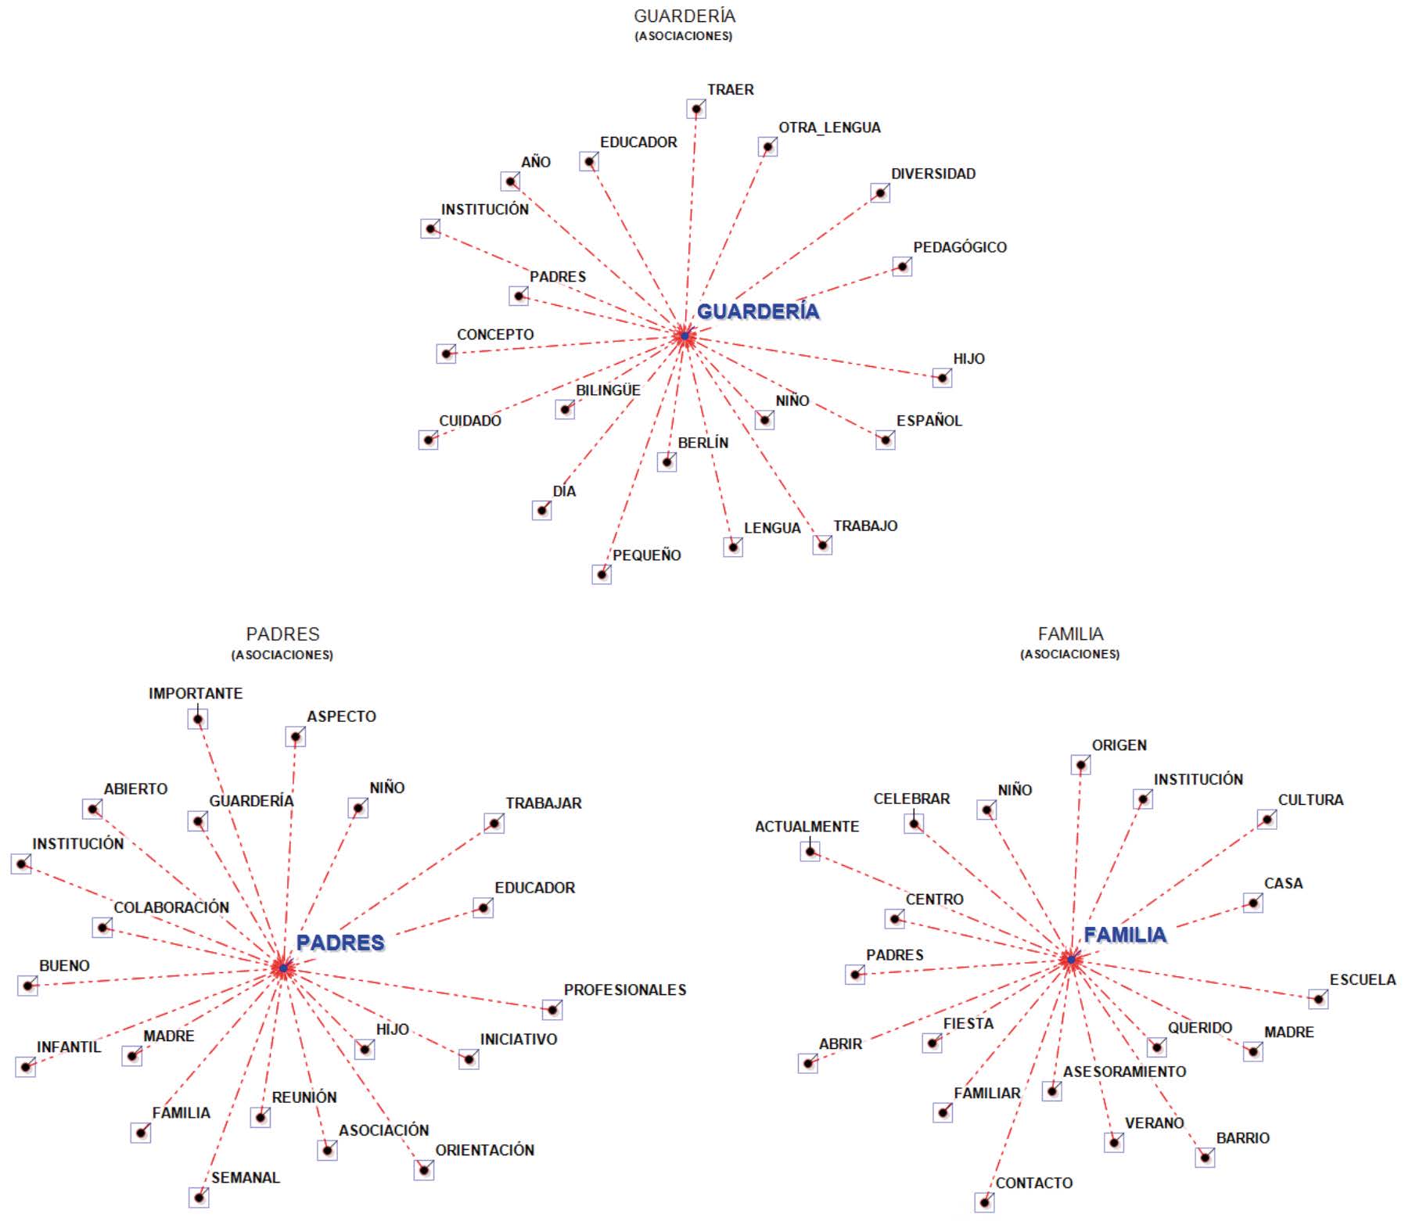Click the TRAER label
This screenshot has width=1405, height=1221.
(x=730, y=90)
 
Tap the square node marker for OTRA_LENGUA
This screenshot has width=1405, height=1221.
(x=767, y=147)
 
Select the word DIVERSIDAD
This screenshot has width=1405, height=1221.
(x=932, y=174)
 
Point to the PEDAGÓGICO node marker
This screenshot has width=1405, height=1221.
(x=902, y=267)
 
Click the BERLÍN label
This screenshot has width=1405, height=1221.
(x=702, y=443)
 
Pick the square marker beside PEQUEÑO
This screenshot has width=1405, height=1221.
(x=602, y=575)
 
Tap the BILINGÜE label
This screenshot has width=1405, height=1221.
(x=608, y=390)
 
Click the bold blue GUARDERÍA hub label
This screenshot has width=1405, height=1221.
(x=757, y=311)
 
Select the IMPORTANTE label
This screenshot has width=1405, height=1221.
(x=196, y=694)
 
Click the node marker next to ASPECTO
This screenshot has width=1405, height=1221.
(x=295, y=737)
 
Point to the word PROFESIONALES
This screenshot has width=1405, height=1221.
(x=624, y=990)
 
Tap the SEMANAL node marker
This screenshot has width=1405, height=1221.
(x=199, y=1198)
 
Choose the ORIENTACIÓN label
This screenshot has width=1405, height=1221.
(x=484, y=1151)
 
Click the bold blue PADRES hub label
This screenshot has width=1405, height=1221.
(x=340, y=943)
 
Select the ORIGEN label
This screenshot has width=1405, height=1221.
(x=1119, y=745)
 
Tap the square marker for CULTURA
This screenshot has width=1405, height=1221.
(x=1267, y=820)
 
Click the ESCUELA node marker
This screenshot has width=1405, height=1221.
(x=1318, y=999)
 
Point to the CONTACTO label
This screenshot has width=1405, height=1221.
(x=1033, y=1183)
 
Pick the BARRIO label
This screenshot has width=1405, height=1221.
(x=1242, y=1139)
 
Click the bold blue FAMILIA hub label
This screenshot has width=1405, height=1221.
(x=1124, y=935)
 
